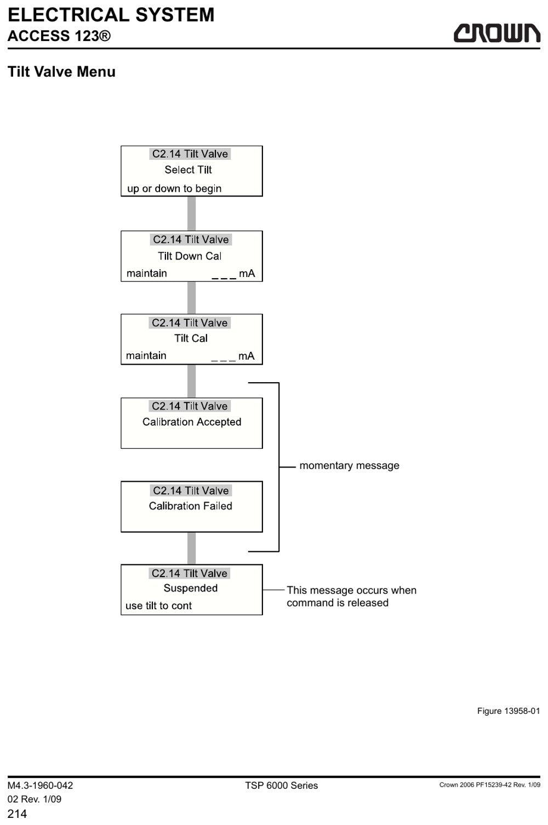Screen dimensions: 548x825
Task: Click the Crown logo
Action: coord(496,33)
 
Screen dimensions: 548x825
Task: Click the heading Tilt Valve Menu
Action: coord(61,72)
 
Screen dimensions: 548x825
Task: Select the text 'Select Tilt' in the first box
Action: coord(188,170)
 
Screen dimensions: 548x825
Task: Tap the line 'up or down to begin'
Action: coord(174,188)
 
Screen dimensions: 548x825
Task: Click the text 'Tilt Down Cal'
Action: coord(190,256)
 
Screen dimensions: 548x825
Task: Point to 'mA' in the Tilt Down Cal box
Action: coord(247,273)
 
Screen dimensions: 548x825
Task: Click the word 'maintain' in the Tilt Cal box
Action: coord(146,355)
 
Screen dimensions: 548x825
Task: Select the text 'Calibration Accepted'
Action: coord(192,422)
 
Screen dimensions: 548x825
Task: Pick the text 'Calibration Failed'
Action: coord(190,506)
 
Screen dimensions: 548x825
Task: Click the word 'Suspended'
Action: coord(190,588)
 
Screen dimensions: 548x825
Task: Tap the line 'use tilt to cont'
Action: coord(158,606)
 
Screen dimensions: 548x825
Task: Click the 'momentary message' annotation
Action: coord(349,465)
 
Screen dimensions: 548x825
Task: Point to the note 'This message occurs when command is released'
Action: coord(351,596)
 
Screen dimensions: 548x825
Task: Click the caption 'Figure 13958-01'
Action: coord(509,711)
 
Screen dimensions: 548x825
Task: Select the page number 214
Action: coord(17,814)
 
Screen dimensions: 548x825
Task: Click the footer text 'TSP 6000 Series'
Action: coord(281,785)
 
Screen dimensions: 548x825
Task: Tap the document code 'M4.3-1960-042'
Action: coord(40,785)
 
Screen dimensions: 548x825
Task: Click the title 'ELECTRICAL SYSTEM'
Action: coord(111,15)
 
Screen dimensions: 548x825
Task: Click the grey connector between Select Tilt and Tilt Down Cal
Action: coord(191,214)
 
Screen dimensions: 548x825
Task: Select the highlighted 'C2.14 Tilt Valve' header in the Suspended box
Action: coord(190,573)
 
